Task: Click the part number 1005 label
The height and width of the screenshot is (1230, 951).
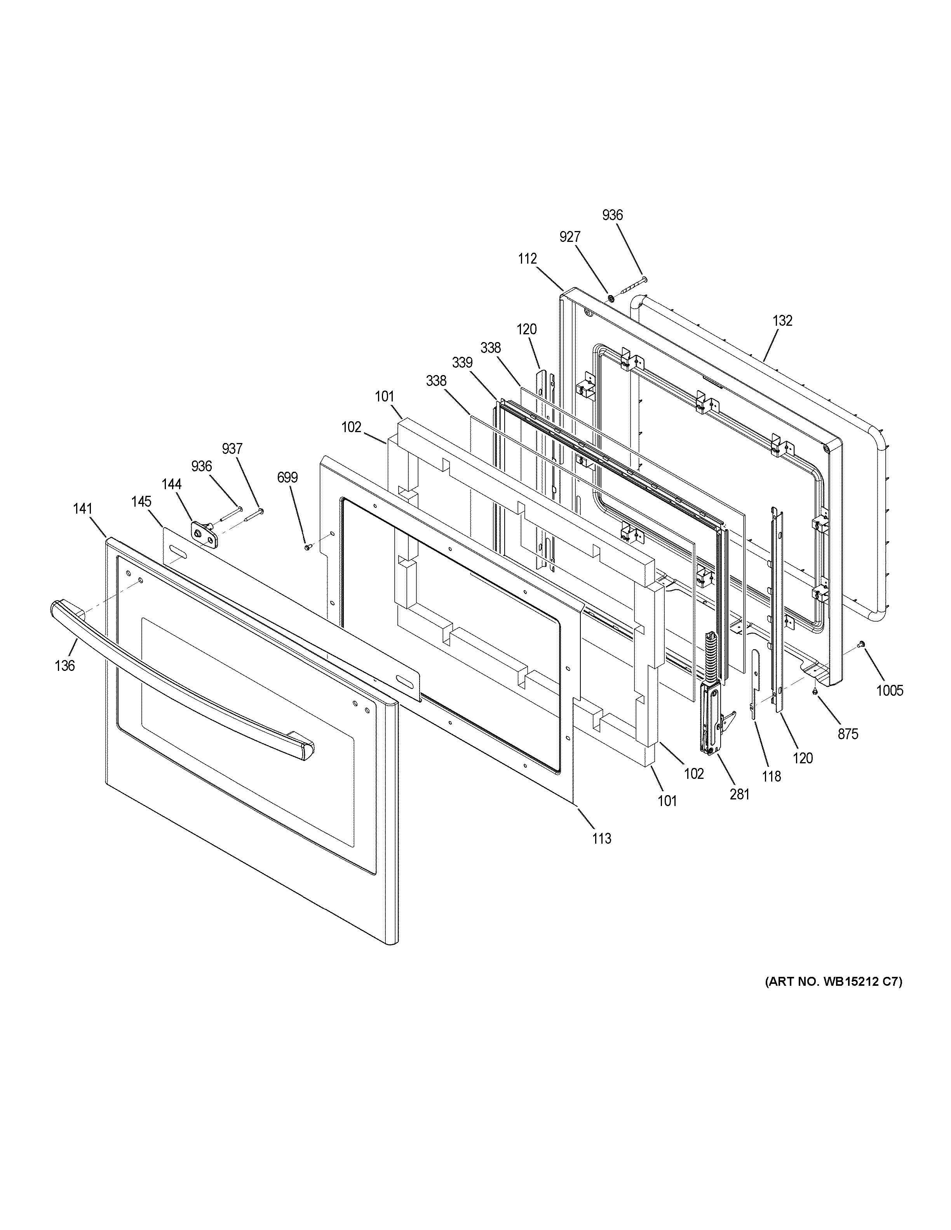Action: pos(890,690)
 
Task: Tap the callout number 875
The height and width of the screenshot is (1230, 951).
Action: pos(847,734)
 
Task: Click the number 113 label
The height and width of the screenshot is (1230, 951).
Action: pos(602,854)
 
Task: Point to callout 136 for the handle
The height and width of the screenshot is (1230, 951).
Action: pos(65,666)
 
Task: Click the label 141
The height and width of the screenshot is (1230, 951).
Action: pos(82,509)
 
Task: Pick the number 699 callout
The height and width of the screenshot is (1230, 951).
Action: pos(287,478)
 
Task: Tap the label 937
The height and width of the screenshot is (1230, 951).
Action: pos(232,449)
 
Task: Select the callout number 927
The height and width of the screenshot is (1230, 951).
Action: pos(570,237)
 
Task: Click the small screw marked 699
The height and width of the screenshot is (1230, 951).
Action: pos(307,546)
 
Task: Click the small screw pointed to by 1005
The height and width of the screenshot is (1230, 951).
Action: pos(861,644)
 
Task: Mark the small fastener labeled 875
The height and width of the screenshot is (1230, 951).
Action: pos(815,691)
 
